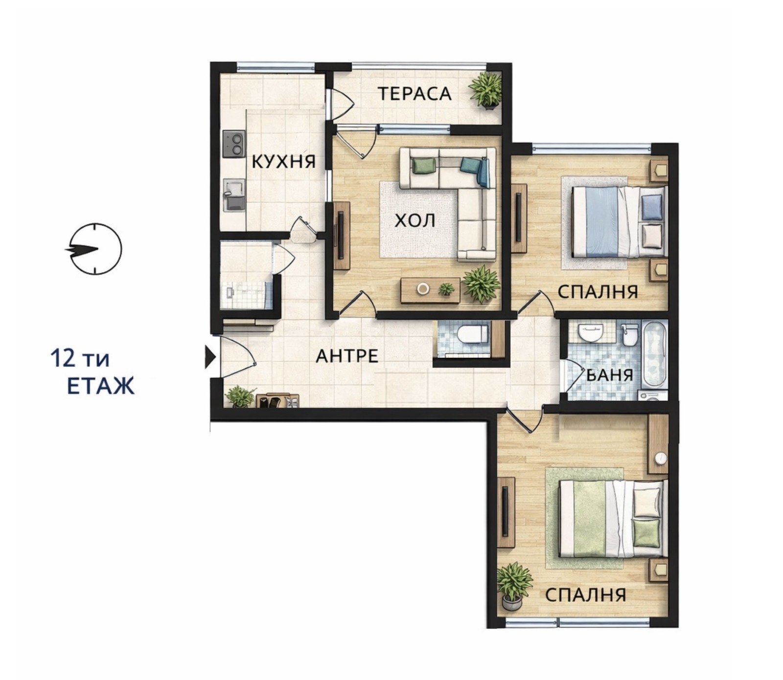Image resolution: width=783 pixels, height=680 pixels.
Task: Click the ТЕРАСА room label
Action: tap(414, 94)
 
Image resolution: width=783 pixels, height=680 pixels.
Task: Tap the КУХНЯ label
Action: tap(283, 161)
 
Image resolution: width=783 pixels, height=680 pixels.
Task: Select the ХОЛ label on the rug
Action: tap(415, 221)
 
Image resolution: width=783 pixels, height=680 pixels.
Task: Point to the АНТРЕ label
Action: tap(347, 356)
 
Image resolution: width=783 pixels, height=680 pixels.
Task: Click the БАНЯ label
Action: tap(610, 375)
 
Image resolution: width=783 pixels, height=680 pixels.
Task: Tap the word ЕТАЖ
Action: tap(100, 386)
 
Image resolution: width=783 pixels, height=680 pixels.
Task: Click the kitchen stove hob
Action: tap(233, 144)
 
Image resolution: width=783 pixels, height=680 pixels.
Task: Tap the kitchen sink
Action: tap(234, 194)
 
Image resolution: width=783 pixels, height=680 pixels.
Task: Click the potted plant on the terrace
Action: tap(486, 90)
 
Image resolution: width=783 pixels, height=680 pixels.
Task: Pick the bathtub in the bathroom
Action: tap(654, 353)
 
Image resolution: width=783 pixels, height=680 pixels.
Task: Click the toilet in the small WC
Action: tap(471, 335)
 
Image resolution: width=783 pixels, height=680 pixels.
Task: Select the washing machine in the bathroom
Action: tap(652, 396)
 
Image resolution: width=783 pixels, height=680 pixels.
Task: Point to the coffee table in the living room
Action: tap(430, 290)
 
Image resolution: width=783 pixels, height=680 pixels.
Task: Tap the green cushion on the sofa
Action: tap(424, 165)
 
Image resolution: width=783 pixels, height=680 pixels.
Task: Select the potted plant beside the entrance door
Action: tap(240, 396)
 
